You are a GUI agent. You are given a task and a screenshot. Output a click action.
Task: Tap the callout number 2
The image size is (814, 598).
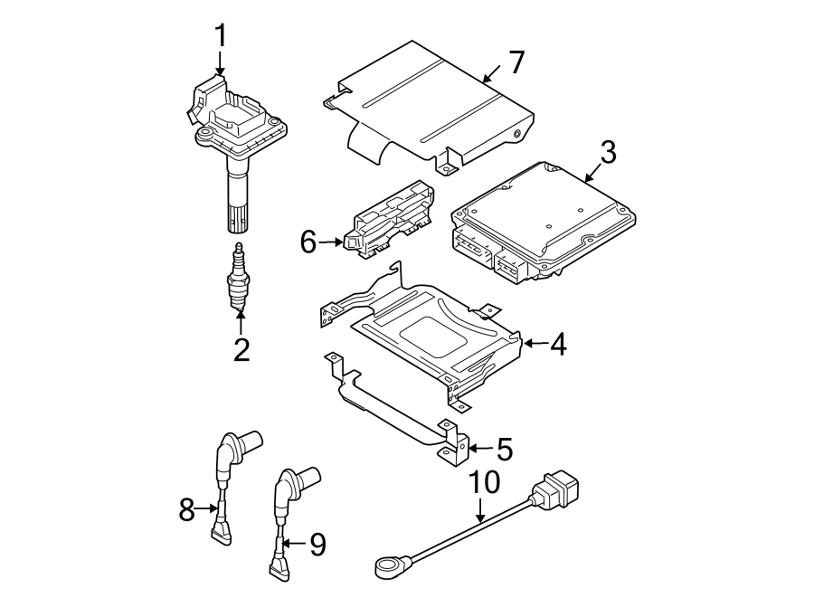click(x=241, y=349)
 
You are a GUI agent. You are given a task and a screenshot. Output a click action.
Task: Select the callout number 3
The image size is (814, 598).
click(x=607, y=152)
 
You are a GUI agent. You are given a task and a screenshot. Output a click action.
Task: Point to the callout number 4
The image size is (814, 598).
click(x=557, y=344)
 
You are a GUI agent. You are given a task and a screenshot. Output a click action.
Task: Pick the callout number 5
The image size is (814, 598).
click(x=503, y=449)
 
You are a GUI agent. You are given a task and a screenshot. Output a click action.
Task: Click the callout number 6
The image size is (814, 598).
click(x=308, y=242)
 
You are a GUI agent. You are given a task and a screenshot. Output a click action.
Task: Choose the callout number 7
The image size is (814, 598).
click(x=516, y=62)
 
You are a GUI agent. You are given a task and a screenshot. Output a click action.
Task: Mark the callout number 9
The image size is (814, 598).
click(x=317, y=544)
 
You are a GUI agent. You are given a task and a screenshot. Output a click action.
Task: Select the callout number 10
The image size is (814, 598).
click(x=485, y=483)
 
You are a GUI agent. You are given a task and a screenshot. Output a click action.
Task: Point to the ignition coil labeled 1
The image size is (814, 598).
click(x=233, y=136)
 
